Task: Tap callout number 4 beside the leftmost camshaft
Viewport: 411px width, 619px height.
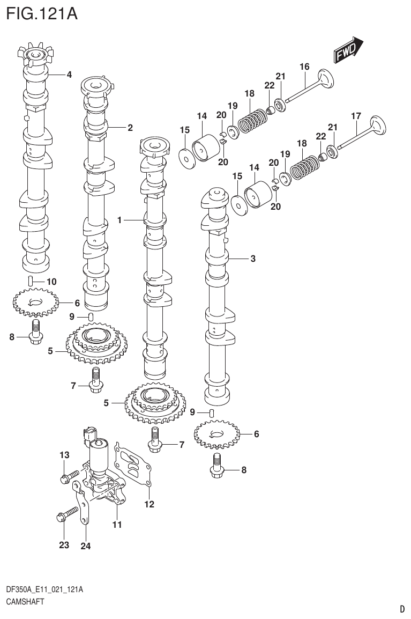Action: pyautogui.click(x=69, y=75)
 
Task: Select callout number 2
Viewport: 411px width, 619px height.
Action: pyautogui.click(x=130, y=128)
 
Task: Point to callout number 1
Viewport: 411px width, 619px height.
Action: pyautogui.click(x=120, y=220)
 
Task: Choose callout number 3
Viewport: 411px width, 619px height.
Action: pyautogui.click(x=252, y=259)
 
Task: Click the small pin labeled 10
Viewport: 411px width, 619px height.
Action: pyautogui.click(x=32, y=281)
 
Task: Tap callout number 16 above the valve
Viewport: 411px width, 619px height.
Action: pyautogui.click(x=304, y=67)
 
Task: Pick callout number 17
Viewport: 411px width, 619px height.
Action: pyautogui.click(x=356, y=115)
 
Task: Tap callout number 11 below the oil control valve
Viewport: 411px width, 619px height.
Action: pyautogui.click(x=117, y=525)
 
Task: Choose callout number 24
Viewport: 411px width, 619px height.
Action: pyautogui.click(x=86, y=546)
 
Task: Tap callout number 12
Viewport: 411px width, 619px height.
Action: pyautogui.click(x=149, y=504)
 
